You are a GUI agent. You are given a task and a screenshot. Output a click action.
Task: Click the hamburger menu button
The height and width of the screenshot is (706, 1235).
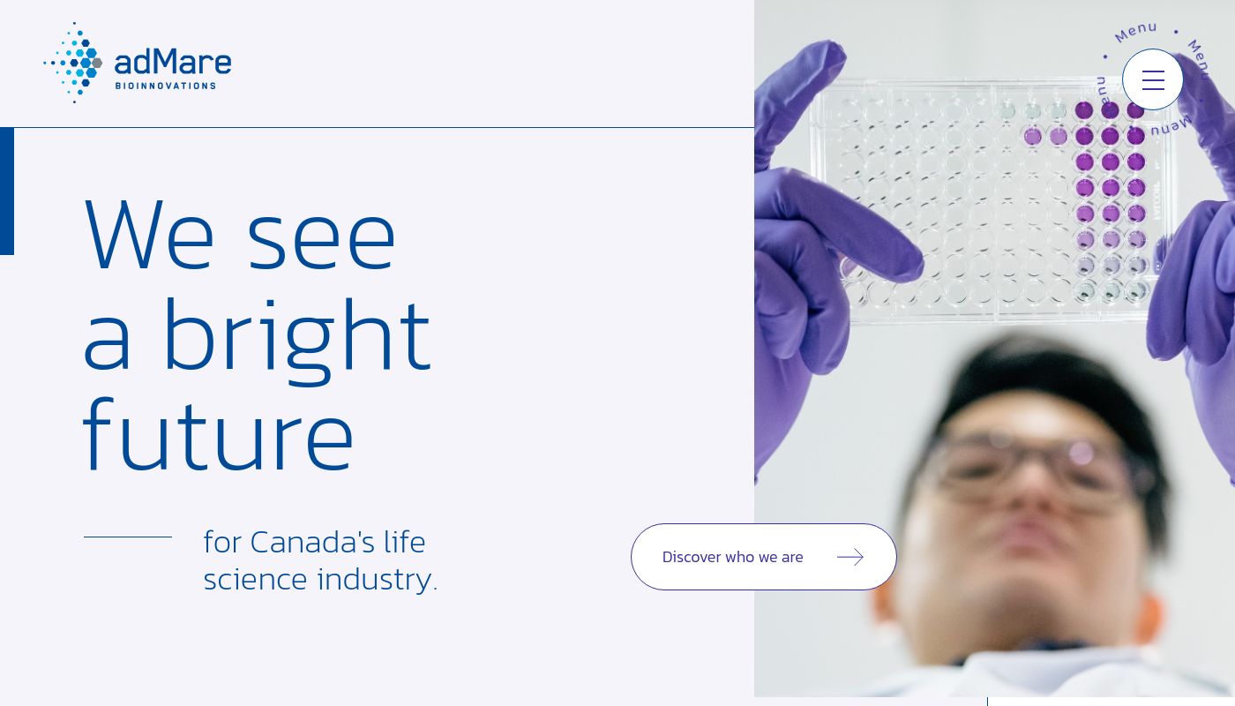pyautogui.click(x=1153, y=80)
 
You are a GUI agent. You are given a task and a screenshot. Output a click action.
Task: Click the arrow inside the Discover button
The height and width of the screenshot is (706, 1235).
pyautogui.click(x=850, y=557)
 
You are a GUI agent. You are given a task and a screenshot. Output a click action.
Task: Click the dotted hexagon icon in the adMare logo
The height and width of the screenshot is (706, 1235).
pyautogui.click(x=74, y=63)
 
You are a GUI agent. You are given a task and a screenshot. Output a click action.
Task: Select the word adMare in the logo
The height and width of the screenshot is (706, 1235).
pyautogui.click(x=173, y=62)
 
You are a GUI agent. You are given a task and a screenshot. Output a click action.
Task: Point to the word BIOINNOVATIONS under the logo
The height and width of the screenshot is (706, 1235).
pyautogui.click(x=165, y=86)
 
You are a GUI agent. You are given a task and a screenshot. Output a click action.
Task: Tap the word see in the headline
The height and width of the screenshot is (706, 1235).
pyautogui.click(x=321, y=238)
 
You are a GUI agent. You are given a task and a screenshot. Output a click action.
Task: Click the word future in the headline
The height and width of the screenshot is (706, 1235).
pyautogui.click(x=218, y=437)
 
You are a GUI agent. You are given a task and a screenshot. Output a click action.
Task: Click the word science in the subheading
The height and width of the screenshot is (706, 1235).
pyautogui.click(x=255, y=580)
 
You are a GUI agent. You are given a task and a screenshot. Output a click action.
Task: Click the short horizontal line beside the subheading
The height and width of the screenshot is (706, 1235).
pyautogui.click(x=128, y=537)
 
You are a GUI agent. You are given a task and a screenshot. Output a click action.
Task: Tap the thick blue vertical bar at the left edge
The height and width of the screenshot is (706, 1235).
pyautogui.click(x=7, y=191)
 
